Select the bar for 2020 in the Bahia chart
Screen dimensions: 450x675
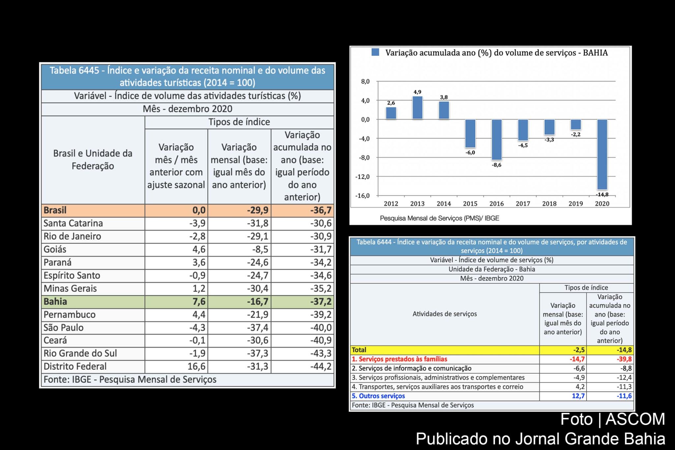coord(602,154)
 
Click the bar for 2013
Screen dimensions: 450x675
coord(417,107)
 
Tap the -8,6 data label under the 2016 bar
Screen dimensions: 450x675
coord(496,165)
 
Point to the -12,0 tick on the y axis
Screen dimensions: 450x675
coord(362,177)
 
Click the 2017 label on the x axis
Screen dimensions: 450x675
coord(523,204)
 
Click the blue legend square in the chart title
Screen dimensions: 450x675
coord(375,52)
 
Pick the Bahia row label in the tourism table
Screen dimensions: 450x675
coord(55,301)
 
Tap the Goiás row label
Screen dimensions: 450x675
coord(55,249)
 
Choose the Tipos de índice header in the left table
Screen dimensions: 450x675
coord(239,122)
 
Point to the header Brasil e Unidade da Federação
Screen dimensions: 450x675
coord(93,160)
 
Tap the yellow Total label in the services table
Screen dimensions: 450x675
coord(359,350)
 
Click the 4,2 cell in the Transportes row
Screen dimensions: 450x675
coord(580,387)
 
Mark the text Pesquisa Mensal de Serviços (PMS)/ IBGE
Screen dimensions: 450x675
coord(439,218)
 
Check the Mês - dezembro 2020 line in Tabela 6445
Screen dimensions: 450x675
coord(188,109)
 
